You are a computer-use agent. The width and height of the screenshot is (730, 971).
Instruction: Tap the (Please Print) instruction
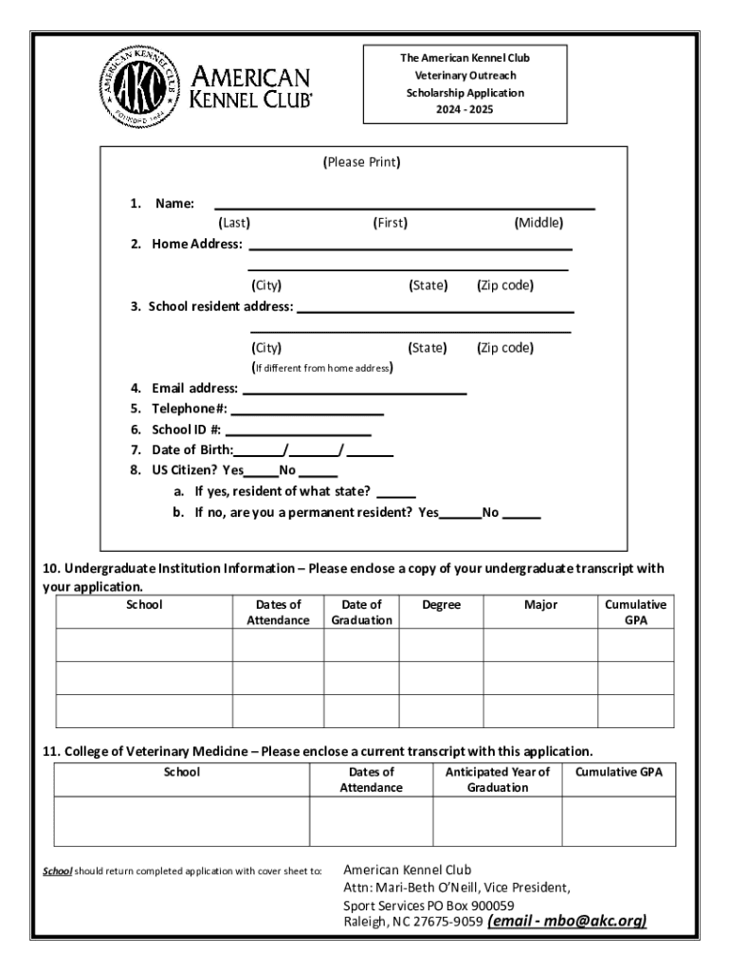tap(362, 162)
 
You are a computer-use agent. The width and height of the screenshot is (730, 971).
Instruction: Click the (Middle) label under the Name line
tap(538, 223)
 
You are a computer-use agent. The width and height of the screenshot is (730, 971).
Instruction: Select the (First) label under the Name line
tap(390, 223)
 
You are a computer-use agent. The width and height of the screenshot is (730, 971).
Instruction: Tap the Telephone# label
tap(190, 409)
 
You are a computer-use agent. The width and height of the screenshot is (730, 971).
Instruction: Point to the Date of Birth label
tap(192, 449)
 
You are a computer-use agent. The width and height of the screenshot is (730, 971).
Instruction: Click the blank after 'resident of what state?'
tap(402, 494)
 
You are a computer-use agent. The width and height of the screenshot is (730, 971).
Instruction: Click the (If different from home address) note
tap(322, 368)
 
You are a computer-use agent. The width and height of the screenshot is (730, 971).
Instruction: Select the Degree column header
tap(441, 605)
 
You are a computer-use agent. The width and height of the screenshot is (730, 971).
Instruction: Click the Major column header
tap(540, 605)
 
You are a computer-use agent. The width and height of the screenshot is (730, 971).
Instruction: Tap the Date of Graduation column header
tap(361, 613)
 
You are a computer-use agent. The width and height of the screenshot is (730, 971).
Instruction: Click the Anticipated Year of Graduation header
tap(498, 779)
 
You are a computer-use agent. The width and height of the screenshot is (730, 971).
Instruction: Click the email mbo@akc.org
tap(567, 921)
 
